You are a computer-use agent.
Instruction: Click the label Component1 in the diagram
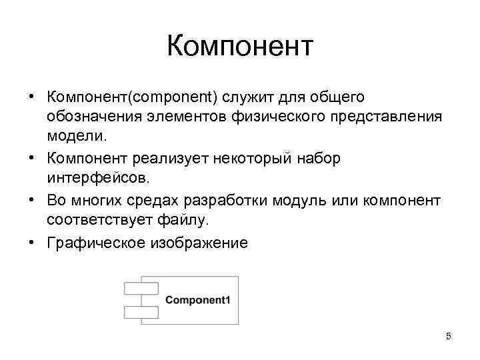[x=197, y=299]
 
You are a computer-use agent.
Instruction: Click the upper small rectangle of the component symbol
[x=140, y=289]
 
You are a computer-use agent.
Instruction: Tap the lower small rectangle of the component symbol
[x=140, y=311]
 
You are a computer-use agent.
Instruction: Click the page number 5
[x=449, y=337]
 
